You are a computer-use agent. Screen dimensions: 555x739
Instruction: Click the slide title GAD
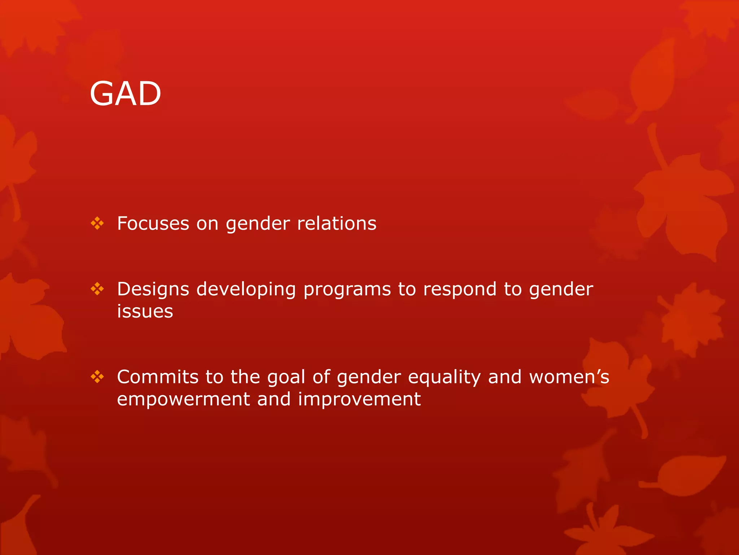(x=125, y=94)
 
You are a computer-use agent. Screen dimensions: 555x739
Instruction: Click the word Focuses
(x=153, y=223)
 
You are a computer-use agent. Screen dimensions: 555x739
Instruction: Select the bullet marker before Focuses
(x=97, y=224)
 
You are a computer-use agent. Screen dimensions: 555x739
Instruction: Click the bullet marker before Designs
(x=97, y=289)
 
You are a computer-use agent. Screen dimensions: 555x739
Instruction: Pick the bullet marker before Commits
(x=97, y=377)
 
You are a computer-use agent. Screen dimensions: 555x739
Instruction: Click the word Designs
(x=153, y=289)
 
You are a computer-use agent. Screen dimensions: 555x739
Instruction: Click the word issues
(x=145, y=311)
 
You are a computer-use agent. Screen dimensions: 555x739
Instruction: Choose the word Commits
(x=157, y=377)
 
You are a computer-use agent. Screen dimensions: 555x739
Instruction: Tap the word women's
(x=569, y=377)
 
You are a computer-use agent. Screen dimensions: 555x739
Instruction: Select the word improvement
(x=359, y=399)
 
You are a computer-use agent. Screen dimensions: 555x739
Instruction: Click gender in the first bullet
(x=258, y=224)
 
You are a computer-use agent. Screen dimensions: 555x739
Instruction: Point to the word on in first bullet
(x=207, y=224)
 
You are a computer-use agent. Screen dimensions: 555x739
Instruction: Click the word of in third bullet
(x=321, y=377)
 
